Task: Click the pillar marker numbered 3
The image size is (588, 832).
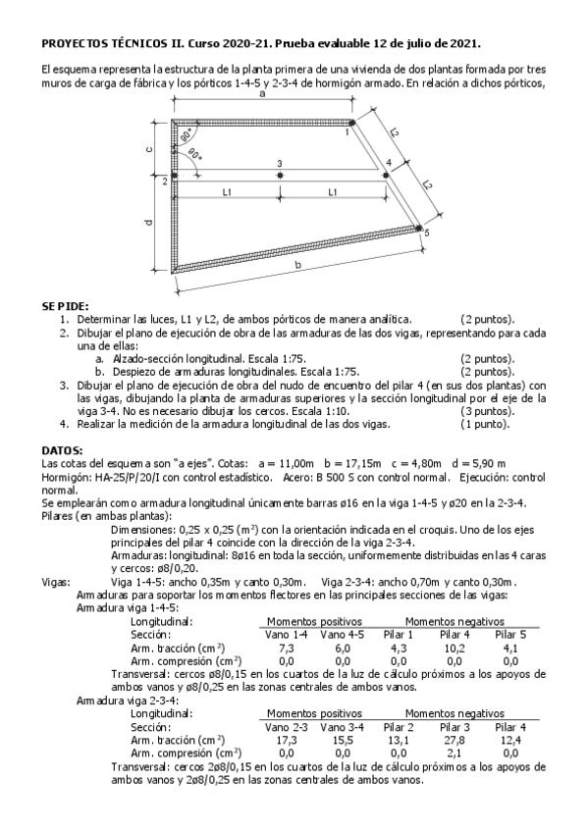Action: coord(280,175)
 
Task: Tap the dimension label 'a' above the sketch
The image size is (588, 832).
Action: coord(262,96)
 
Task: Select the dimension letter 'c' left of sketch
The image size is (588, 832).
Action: coord(148,149)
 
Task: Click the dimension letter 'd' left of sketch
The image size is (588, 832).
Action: coord(148,224)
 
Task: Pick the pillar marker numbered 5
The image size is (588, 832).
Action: coord(419,230)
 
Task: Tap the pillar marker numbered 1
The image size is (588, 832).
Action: coord(352,124)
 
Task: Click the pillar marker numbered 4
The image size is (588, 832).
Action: coord(386,175)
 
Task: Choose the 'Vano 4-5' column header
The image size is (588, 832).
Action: coord(342,635)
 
